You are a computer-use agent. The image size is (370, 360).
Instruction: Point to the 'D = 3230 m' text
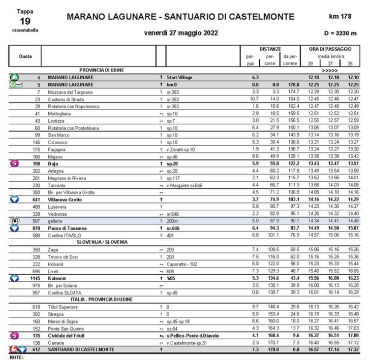(340, 33)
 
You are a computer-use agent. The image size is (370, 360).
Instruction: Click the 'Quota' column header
(24, 56)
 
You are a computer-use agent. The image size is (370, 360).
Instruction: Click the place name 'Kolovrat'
(58, 278)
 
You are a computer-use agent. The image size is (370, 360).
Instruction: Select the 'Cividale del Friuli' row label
(69, 335)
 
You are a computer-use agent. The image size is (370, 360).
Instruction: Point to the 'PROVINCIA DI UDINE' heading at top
(102, 70)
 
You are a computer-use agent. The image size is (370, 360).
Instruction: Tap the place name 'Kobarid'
(55, 264)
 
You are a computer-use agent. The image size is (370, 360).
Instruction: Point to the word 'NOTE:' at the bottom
(17, 357)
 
